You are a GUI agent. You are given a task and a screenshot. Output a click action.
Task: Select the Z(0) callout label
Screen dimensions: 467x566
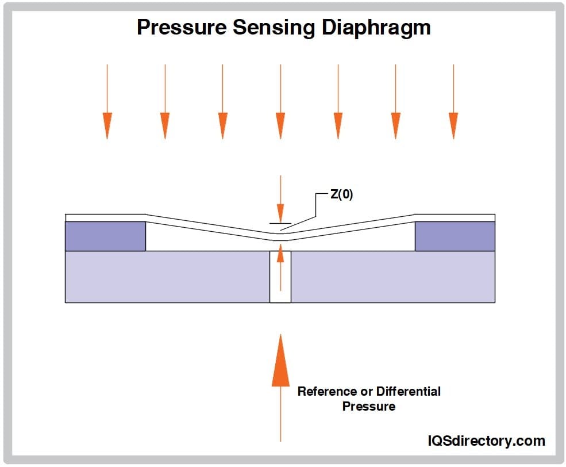click(341, 194)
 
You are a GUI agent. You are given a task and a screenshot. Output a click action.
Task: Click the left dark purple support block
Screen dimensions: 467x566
click(105, 236)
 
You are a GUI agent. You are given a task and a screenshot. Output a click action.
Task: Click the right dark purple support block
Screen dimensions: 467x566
click(455, 236)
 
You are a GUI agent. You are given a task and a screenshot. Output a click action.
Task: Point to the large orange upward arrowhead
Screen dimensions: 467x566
click(280, 359)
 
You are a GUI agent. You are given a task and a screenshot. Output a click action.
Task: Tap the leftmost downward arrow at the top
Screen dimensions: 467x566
click(107, 104)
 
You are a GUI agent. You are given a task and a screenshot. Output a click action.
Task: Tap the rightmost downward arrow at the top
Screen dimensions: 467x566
click(453, 104)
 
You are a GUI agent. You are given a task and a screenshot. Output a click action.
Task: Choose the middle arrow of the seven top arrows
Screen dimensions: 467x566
click(280, 104)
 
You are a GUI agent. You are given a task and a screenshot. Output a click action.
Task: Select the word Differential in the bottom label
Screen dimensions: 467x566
click(409, 392)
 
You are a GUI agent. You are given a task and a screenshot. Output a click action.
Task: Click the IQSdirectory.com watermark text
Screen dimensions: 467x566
click(486, 441)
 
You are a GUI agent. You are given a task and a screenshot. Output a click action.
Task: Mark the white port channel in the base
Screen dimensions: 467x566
click(280, 282)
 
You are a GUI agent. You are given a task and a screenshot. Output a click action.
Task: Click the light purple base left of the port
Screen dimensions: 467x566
click(167, 277)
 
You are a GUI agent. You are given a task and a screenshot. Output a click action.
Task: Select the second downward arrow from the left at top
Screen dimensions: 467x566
click(165, 104)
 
